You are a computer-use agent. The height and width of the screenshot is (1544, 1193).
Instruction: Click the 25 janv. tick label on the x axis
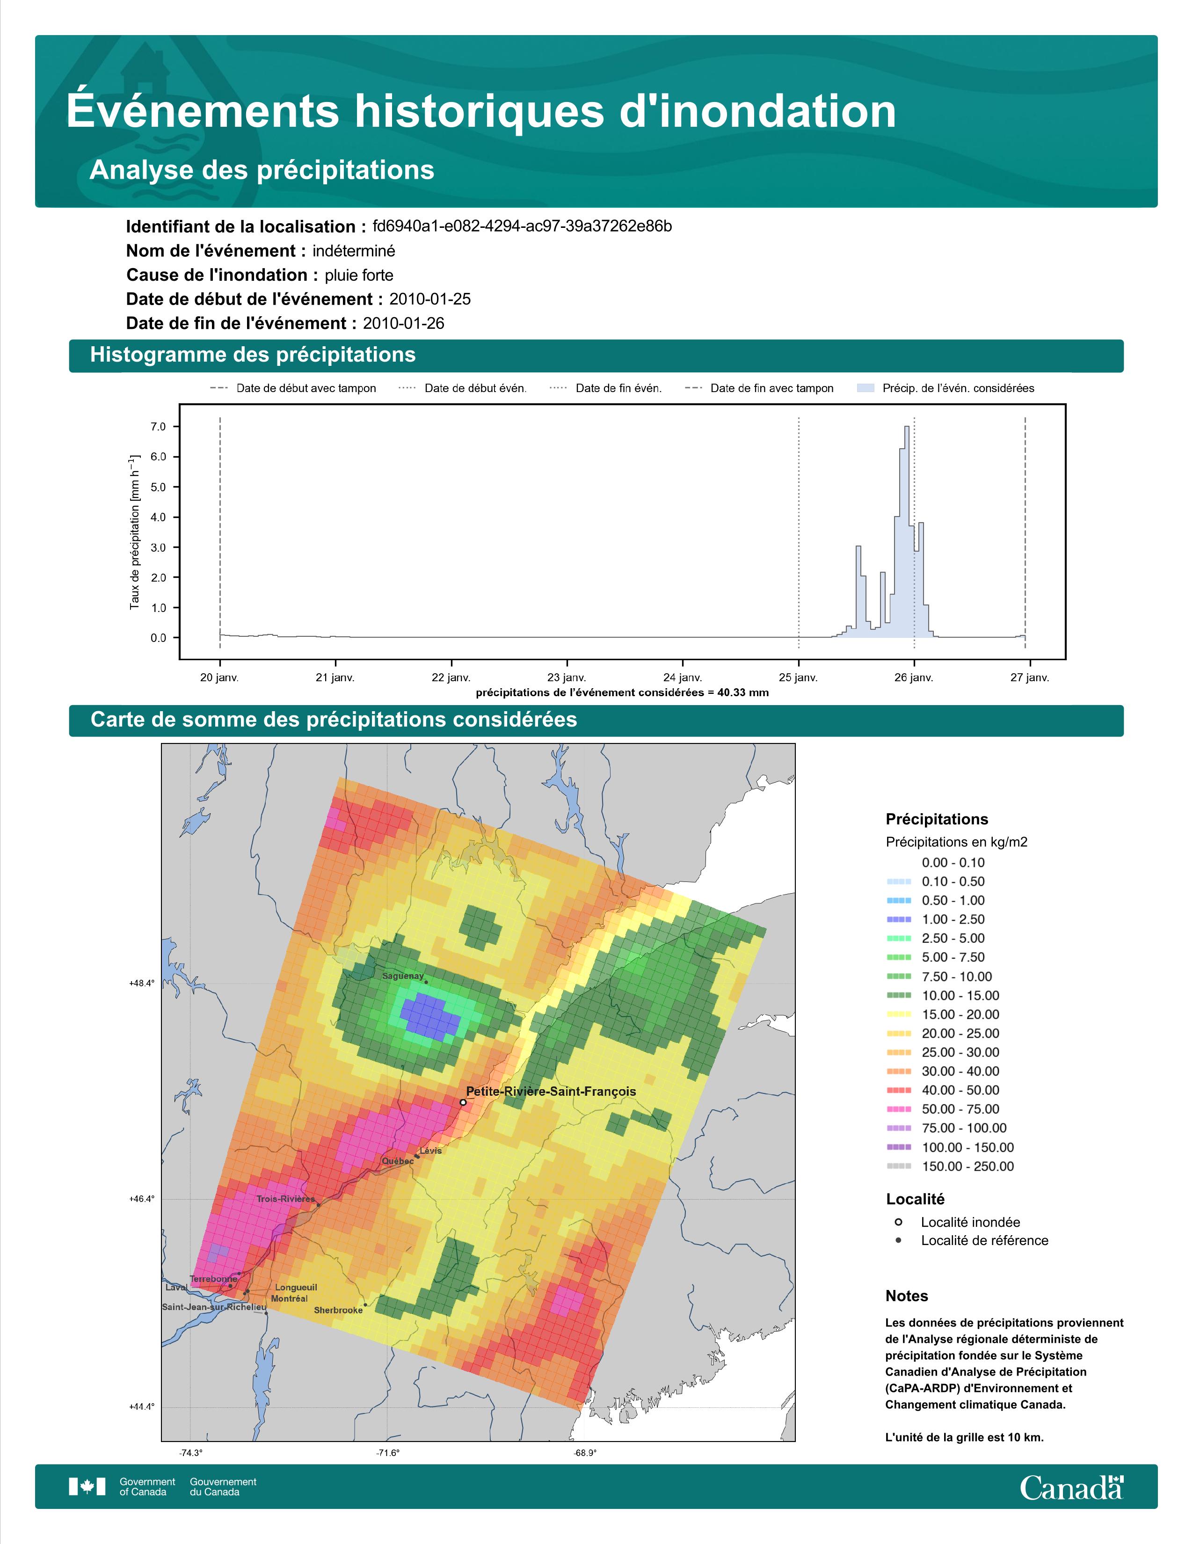pyautogui.click(x=798, y=677)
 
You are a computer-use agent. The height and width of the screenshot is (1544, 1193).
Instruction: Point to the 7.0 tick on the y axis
pyautogui.click(x=158, y=427)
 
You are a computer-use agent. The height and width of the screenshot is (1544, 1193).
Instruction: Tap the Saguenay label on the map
pyautogui.click(x=403, y=976)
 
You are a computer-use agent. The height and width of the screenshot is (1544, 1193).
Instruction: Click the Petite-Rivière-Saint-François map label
pyautogui.click(x=551, y=1092)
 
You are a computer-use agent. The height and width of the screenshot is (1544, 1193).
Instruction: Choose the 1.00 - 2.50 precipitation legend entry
pyautogui.click(x=953, y=919)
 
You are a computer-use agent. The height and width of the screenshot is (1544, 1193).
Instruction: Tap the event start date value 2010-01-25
pyautogui.click(x=429, y=299)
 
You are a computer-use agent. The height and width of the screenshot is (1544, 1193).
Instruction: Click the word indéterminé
pyautogui.click(x=354, y=251)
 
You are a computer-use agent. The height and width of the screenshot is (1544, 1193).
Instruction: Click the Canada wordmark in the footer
pyautogui.click(x=1071, y=1488)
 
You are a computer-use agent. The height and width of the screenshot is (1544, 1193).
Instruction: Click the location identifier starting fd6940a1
pyautogui.click(x=522, y=226)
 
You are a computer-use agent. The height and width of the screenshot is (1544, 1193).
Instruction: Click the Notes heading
pyautogui.click(x=907, y=1296)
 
